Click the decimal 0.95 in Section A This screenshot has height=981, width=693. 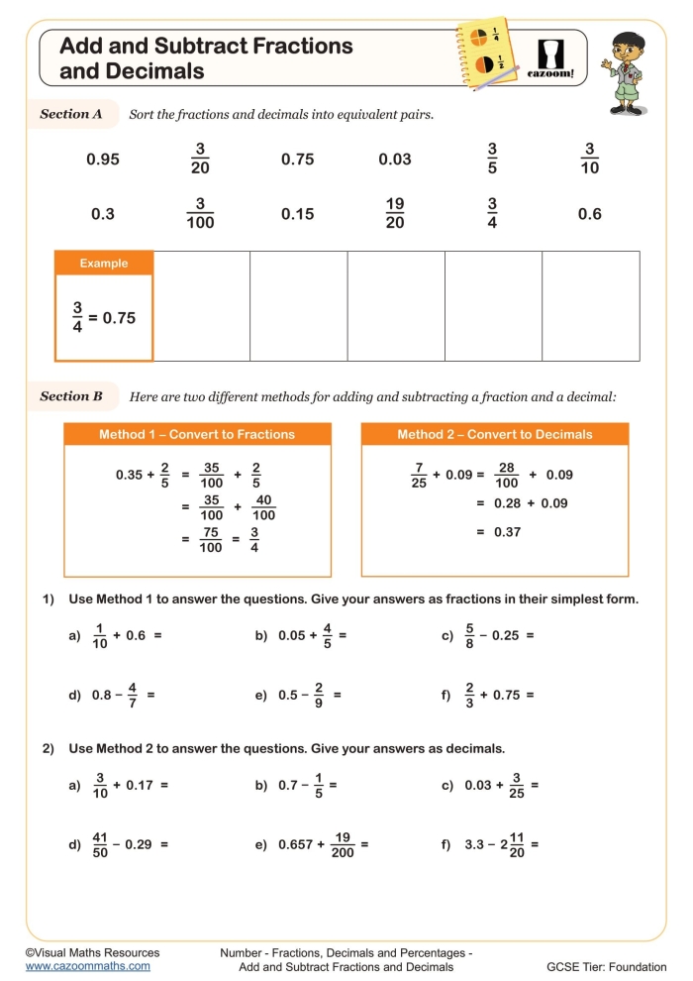[103, 159]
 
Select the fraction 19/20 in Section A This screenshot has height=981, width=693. [395, 213]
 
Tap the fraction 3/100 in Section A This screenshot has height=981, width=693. [200, 213]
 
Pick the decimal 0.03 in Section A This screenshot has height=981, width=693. [395, 159]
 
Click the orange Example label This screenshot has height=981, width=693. [104, 263]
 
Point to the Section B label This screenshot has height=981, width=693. [71, 396]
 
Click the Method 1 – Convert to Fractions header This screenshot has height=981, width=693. [197, 434]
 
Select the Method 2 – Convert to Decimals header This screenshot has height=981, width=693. [495, 434]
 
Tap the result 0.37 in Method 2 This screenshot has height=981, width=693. [507, 532]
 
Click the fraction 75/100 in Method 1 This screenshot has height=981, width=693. [210, 539]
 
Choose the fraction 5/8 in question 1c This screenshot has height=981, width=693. [470, 636]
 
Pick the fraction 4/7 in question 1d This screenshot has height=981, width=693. [133, 696]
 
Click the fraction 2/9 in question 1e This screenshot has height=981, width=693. [319, 696]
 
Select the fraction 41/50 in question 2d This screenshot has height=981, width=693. [101, 845]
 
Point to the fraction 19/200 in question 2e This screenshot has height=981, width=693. [344, 845]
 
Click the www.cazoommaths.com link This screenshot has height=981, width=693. [88, 966]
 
